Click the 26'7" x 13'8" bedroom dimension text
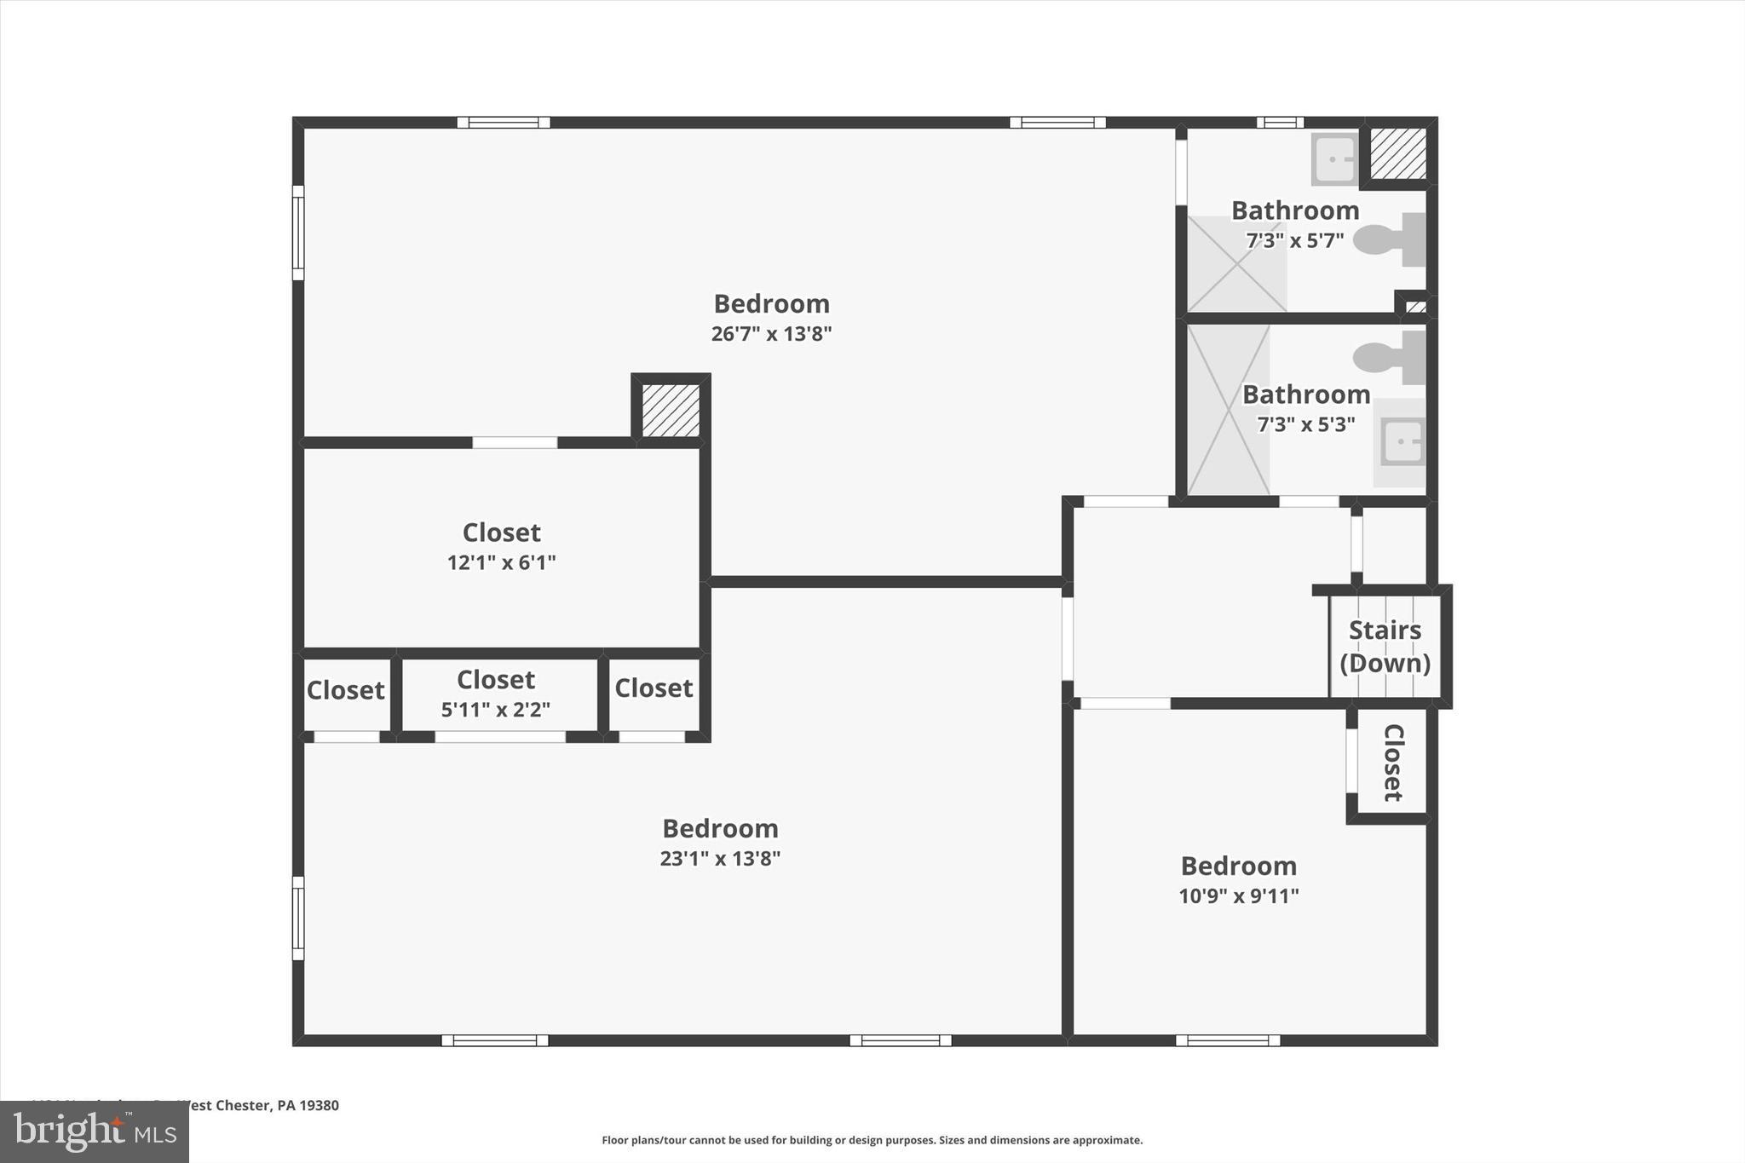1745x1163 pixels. point(771,333)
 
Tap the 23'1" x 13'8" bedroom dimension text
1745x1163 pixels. point(720,858)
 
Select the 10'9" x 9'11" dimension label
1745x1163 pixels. point(1238,895)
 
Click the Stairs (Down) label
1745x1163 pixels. point(1385,647)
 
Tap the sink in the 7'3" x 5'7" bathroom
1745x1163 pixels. point(1334,158)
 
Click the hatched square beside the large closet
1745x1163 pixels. point(671,411)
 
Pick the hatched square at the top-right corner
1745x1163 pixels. point(1398,153)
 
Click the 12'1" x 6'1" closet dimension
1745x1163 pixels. point(501,562)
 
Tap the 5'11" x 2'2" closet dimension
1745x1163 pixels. point(495,710)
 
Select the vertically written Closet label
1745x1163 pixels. point(1392,763)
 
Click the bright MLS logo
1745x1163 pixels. point(94,1131)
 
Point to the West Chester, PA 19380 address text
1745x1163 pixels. point(256,1105)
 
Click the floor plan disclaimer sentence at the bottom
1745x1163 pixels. point(872,1140)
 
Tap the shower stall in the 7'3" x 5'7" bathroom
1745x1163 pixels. point(1236,264)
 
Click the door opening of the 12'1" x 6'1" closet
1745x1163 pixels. point(515,442)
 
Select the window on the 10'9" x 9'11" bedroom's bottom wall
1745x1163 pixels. point(1227,1040)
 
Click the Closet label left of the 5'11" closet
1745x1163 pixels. point(345,689)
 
